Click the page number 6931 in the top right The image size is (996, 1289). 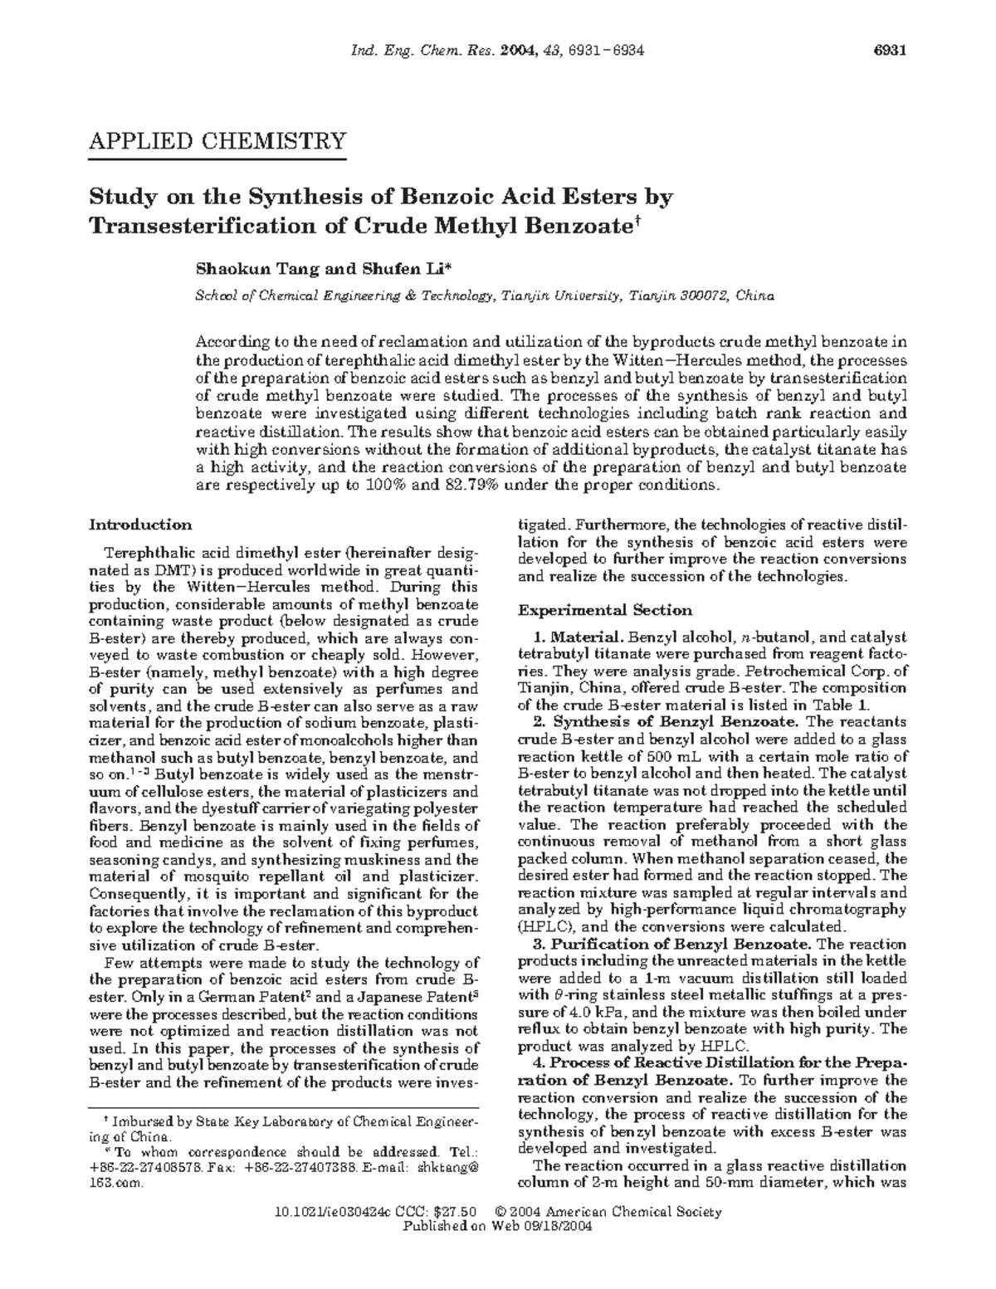coord(889,51)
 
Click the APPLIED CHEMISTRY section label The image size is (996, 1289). coord(217,141)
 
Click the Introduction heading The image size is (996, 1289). coord(140,525)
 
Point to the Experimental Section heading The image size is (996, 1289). coord(605,610)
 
